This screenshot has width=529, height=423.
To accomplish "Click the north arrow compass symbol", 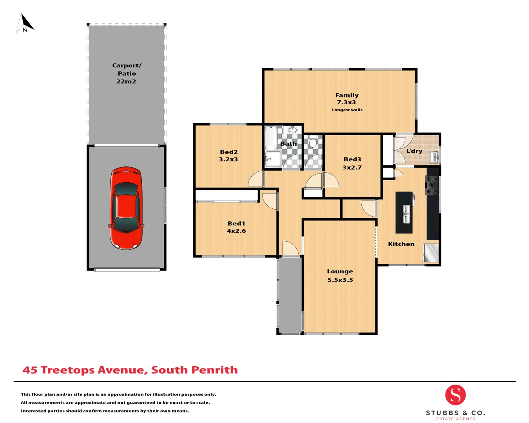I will tap(25, 23).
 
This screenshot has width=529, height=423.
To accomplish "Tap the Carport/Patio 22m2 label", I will tap(127, 73).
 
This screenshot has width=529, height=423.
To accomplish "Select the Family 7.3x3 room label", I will tap(347, 99).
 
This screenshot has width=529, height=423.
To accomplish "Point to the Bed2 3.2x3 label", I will tap(228, 155).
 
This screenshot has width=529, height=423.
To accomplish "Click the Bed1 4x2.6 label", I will tap(236, 227).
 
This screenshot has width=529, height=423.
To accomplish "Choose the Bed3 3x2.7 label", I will tap(352, 163).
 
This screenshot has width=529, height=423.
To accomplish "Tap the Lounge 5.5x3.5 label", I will tap(340, 275).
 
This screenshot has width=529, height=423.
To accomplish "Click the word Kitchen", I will tap(401, 244).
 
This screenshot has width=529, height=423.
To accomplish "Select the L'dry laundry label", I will tap(414, 151).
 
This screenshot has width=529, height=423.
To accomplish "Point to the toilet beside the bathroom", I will tap(313, 142).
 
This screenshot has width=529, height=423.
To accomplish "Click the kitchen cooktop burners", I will tap(432, 185).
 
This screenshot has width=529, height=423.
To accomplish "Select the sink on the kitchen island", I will tap(406, 214).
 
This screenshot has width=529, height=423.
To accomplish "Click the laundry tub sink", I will tap(434, 157).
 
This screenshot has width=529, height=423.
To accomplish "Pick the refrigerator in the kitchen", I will tap(431, 253).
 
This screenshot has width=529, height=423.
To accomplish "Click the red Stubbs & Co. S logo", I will tap(455, 395).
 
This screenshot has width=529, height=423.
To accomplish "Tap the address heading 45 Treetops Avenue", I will tap(130, 370).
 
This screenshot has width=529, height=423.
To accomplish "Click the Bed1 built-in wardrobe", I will tap(227, 195).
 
